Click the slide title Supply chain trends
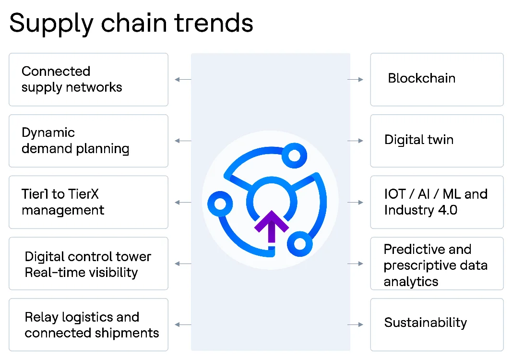[x=131, y=23]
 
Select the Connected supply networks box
[x=88, y=79]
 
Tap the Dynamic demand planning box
[x=88, y=141]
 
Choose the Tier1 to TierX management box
[x=88, y=202]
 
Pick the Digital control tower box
[x=88, y=264]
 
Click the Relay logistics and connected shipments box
[x=88, y=325]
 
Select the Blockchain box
[x=437, y=79]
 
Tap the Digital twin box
[x=437, y=141]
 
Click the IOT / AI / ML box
[x=437, y=202]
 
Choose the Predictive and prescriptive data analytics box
[x=437, y=264]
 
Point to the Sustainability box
[x=437, y=325]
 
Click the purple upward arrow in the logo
[x=272, y=226]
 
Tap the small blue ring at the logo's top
[x=291, y=155]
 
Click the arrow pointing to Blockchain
[x=356, y=79]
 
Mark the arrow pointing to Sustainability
[x=356, y=325]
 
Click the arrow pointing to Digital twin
[x=356, y=141]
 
